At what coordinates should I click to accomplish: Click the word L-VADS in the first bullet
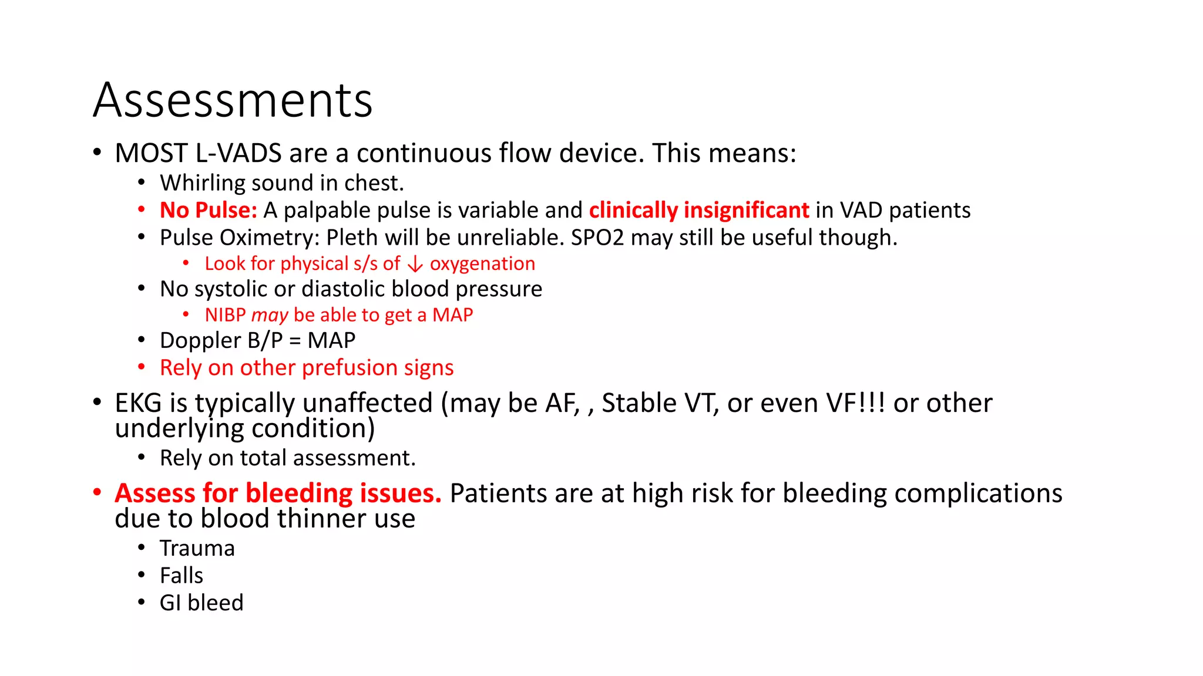[x=238, y=154]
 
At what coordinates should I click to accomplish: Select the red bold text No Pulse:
[x=209, y=210]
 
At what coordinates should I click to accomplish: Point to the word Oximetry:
[x=270, y=238]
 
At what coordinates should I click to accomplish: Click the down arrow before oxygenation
[x=415, y=265]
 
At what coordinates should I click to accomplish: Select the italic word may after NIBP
[x=270, y=316]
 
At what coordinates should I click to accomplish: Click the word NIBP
[x=225, y=315]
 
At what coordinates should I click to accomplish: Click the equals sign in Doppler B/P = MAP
[x=295, y=341]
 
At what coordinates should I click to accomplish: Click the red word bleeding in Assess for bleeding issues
[x=299, y=494]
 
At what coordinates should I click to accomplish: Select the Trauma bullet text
[x=197, y=549]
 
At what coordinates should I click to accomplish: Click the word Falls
[x=182, y=576]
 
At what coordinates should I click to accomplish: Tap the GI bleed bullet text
[x=201, y=603]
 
